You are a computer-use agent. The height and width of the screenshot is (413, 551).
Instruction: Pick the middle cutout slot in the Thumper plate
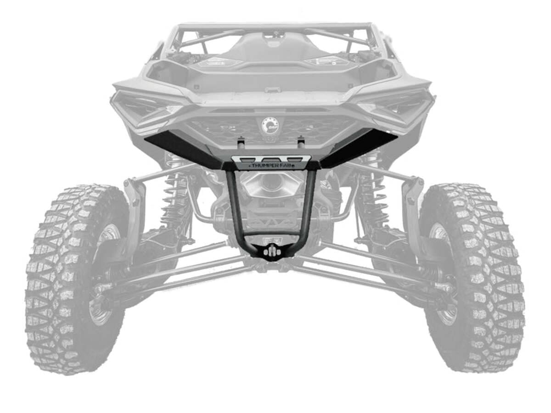coord(271,158)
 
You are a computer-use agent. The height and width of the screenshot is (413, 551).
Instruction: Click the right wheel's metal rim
coord(441,275)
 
